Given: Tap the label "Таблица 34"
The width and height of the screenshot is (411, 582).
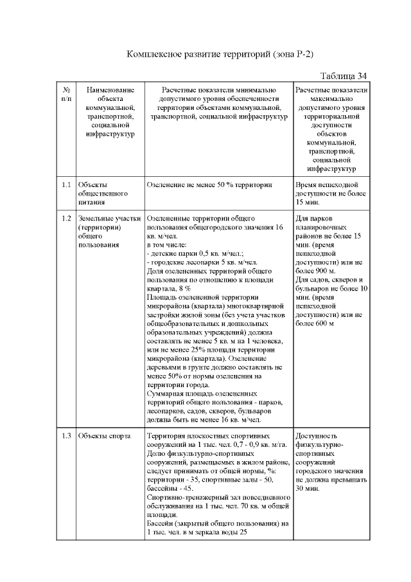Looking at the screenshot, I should [x=343, y=76].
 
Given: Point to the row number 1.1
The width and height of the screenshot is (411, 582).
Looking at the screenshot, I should [x=67, y=185].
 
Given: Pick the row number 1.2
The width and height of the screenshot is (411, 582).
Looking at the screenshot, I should [x=67, y=219].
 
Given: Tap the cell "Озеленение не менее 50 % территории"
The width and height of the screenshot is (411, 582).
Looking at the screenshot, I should [x=210, y=185].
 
